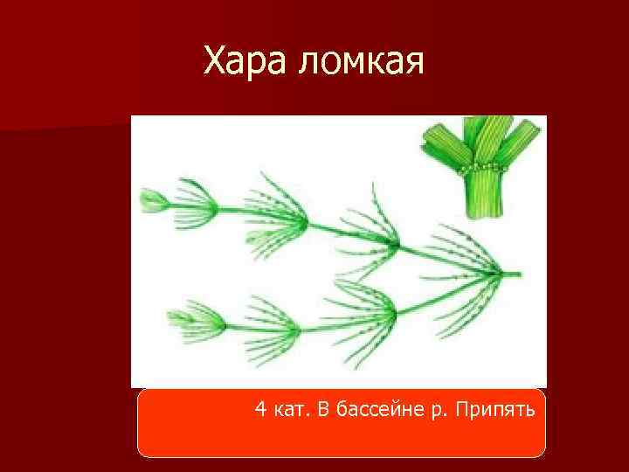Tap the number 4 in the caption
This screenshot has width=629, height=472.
click(x=261, y=409)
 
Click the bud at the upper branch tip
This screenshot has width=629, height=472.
click(x=154, y=202)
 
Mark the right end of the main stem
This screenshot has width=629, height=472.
click(x=519, y=274)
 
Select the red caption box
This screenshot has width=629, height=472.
click(x=341, y=423)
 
